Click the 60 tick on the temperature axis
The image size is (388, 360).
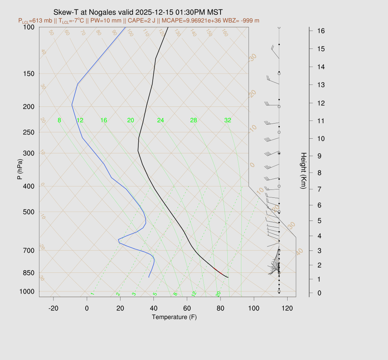pyautogui.click(x=187, y=308)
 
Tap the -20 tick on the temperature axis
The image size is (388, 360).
pyautogui.click(x=53, y=308)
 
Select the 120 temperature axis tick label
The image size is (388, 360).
pyautogui.click(x=287, y=308)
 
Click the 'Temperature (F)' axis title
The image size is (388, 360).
pyautogui.click(x=174, y=317)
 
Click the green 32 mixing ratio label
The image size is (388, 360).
pyautogui.click(x=228, y=121)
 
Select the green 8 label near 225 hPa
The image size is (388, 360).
pyautogui.click(x=59, y=121)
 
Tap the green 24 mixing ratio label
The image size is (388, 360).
pyautogui.click(x=161, y=121)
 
